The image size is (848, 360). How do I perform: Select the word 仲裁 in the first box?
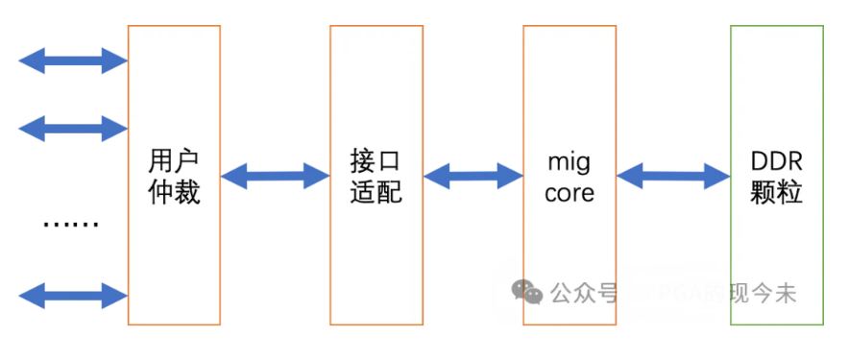coord(174,192)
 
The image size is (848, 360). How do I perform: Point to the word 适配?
coord(376,192)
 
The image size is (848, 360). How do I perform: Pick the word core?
coord(569,193)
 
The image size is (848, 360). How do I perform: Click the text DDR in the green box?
coord(777,159)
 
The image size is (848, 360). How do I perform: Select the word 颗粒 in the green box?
coord(777,192)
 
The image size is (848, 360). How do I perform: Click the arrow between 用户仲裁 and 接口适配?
coord(275,176)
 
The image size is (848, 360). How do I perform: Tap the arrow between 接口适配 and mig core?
coord(472,176)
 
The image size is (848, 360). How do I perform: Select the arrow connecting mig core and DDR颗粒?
coord(672,176)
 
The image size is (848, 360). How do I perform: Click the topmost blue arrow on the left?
coord(73,61)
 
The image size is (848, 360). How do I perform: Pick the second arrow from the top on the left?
coord(73,127)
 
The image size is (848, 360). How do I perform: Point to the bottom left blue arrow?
coord(73,295)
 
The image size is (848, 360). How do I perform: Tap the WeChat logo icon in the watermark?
coord(526,292)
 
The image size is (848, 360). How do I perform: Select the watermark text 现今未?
coord(763,293)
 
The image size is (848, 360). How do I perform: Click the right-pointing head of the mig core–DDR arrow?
coord(718,176)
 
